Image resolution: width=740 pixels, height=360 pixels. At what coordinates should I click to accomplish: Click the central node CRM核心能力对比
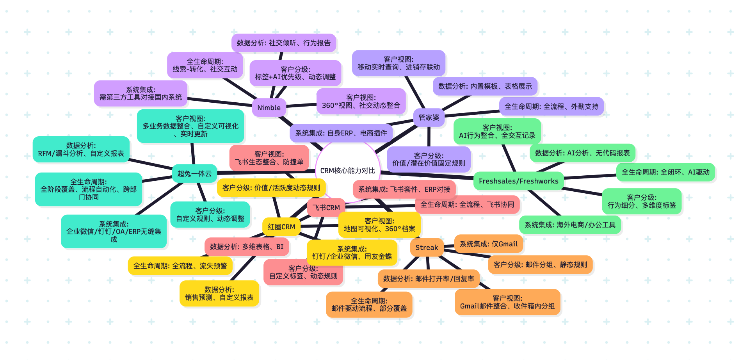tap(347, 171)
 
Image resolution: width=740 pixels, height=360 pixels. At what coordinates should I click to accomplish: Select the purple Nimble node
tap(269, 107)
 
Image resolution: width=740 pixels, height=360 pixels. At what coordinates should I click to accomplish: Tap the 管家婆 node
tap(429, 117)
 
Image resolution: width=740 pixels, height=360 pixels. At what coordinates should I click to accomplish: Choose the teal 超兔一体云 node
tap(194, 173)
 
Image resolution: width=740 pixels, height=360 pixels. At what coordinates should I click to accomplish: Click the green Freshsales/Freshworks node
tap(518, 181)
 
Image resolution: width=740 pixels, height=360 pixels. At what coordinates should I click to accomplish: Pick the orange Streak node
tap(427, 247)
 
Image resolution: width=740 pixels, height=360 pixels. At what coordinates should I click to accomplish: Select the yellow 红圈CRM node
tap(281, 226)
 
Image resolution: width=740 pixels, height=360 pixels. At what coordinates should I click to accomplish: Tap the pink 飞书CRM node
tap(326, 207)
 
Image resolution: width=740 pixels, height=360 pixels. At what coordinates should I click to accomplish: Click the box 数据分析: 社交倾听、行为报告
tap(284, 43)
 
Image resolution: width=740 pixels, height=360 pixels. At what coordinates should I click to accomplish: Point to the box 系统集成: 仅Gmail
tap(488, 244)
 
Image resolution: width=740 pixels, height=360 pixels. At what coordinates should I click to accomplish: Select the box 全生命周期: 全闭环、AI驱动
tap(665, 172)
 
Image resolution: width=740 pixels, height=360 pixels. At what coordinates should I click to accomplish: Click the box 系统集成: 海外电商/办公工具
tap(570, 225)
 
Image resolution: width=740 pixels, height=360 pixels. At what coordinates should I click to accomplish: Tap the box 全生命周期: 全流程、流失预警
tap(180, 266)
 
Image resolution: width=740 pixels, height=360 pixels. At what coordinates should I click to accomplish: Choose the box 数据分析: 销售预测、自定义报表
tap(219, 293)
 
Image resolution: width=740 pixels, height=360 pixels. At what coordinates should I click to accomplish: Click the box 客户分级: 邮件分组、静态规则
tap(540, 264)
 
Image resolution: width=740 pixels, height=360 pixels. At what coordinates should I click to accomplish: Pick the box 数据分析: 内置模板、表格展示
tap(485, 86)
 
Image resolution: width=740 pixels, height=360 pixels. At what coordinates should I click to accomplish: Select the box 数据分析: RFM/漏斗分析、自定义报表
tap(81, 149)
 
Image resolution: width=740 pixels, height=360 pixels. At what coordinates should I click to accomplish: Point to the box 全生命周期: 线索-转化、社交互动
tap(205, 65)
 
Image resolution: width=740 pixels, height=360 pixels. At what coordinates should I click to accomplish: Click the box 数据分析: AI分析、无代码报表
tap(582, 153)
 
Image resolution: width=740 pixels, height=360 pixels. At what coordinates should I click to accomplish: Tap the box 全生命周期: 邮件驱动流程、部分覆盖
tap(369, 304)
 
